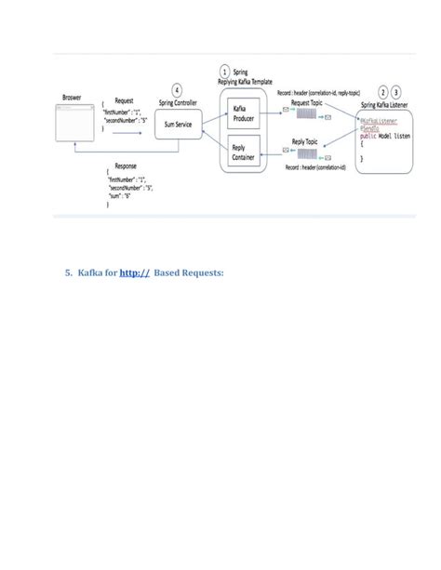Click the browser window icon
pos(77,122)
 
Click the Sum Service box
pos(180,123)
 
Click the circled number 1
pos(224,71)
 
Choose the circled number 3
pos(397,93)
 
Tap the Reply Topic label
pos(304,141)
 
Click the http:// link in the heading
pos(135,273)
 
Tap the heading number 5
pos(68,273)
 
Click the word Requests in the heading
pos(203,273)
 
